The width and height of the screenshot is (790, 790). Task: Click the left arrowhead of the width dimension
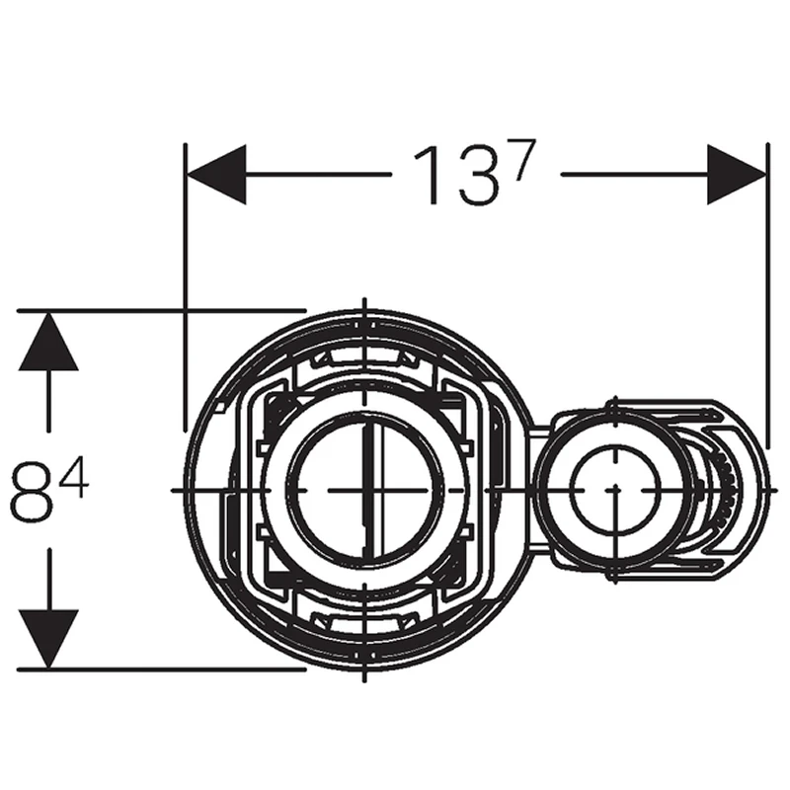tap(216, 175)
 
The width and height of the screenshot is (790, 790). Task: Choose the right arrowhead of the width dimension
tap(737, 175)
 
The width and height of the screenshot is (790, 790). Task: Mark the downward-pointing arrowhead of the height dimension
tap(48, 638)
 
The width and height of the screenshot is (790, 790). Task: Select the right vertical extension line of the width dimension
tap(767, 286)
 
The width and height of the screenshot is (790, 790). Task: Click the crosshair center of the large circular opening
tap(364, 490)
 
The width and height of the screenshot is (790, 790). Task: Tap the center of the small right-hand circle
tap(612, 490)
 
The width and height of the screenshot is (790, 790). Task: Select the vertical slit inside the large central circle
tap(366, 484)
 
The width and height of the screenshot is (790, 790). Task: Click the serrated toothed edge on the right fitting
tap(727, 490)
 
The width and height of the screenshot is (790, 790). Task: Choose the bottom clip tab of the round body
tap(364, 622)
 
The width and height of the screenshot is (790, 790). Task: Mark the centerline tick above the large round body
tap(364, 305)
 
